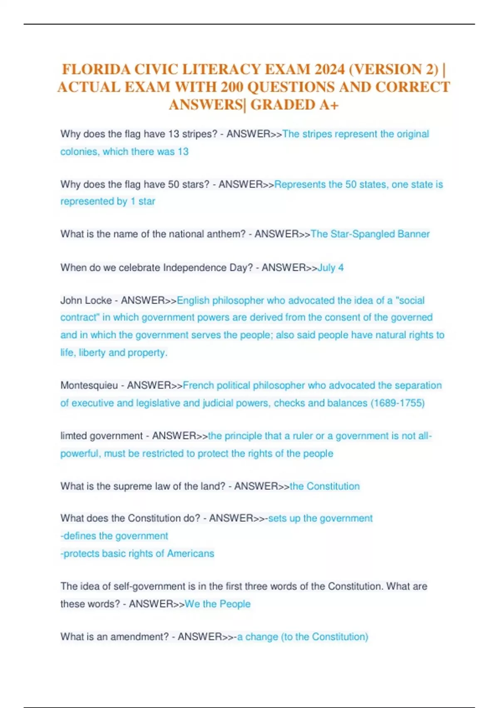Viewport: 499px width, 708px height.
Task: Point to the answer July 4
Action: tap(331, 268)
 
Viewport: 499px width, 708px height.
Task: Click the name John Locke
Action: tap(86, 301)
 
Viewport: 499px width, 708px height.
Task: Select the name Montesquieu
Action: tap(89, 386)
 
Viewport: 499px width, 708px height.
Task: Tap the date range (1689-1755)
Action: tap(398, 403)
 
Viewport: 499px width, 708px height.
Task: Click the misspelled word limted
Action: tap(74, 436)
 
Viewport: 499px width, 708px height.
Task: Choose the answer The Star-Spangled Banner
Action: tap(370, 234)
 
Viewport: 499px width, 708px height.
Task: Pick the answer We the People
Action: tap(217, 604)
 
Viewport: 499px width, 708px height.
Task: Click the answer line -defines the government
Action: tap(114, 536)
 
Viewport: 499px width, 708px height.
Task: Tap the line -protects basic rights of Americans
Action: tap(137, 554)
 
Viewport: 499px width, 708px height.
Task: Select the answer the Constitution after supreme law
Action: tap(325, 486)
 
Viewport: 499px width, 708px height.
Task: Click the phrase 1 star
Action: tap(143, 202)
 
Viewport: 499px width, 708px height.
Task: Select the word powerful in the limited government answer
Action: tap(80, 454)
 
